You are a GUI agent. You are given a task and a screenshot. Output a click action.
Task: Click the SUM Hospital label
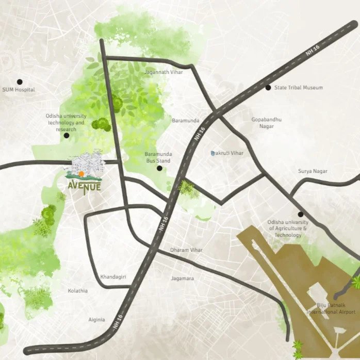(x=19, y=90)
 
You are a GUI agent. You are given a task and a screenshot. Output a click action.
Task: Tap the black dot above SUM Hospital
(x=20, y=81)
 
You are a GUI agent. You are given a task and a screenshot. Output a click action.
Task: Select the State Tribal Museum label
(x=298, y=88)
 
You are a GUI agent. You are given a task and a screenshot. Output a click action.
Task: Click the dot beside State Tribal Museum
(x=268, y=87)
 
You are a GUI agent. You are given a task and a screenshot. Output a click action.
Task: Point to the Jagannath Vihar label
(x=164, y=72)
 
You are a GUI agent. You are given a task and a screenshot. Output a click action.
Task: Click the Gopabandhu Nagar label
(x=266, y=123)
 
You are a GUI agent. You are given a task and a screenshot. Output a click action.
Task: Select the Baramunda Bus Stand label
(x=158, y=157)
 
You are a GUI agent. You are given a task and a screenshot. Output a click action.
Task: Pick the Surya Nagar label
(x=313, y=171)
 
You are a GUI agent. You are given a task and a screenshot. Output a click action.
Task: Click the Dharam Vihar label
(x=186, y=250)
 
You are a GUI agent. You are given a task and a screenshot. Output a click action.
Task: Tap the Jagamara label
(x=183, y=279)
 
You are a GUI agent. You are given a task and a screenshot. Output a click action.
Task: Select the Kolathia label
(x=78, y=291)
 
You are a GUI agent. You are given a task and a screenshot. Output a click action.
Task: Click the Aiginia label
(x=96, y=320)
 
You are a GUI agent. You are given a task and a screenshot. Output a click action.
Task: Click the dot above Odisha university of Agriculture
(x=300, y=214)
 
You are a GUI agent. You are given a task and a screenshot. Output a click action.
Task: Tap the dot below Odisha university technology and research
(x=67, y=135)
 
